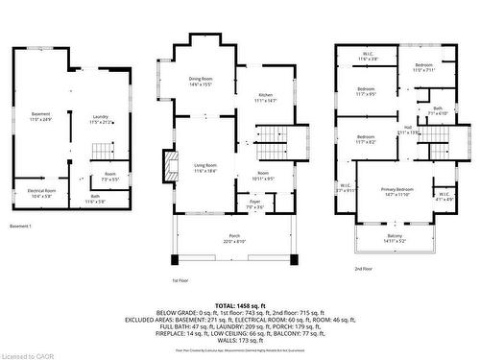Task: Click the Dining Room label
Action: tap(200, 81)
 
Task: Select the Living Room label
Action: tap(204, 167)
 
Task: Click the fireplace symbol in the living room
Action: tap(171, 166)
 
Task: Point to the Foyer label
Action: tap(252, 204)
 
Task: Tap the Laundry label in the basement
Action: tap(101, 120)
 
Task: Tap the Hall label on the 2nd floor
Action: tap(407, 130)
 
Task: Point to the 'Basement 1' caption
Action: tap(21, 226)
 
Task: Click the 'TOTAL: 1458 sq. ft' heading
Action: tap(242, 302)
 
